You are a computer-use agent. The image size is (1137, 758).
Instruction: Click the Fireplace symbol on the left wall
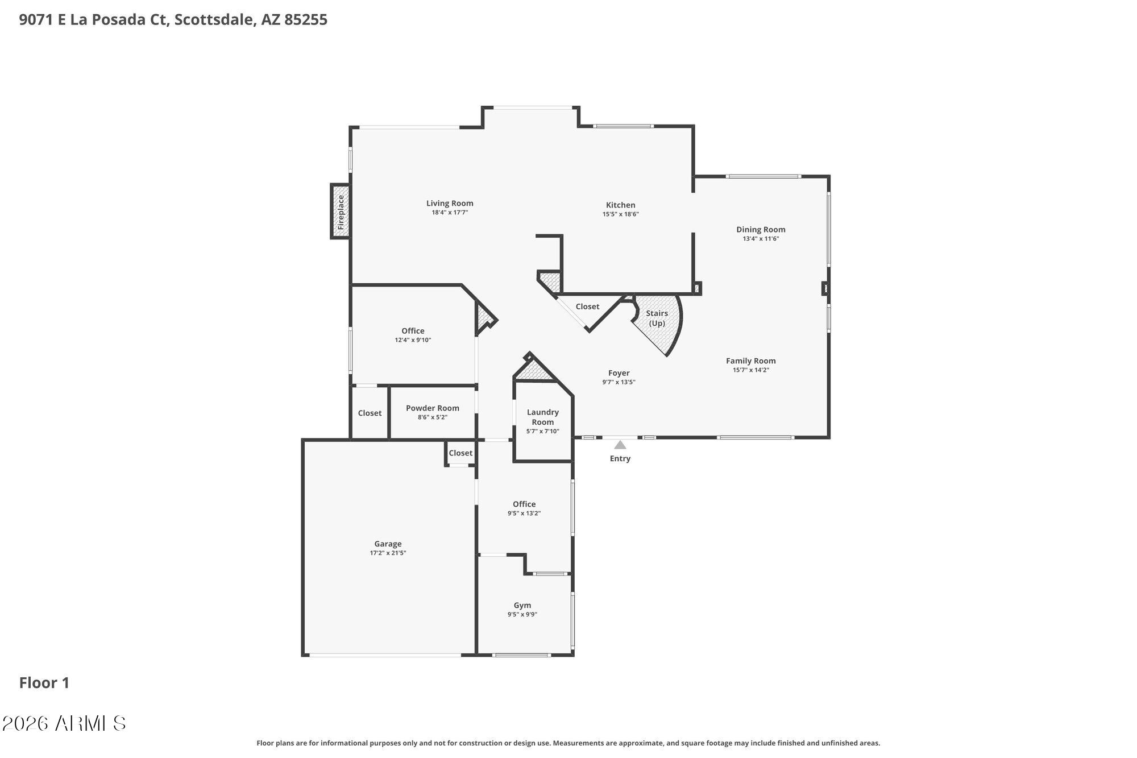(341, 212)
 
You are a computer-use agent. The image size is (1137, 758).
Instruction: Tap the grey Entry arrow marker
(620, 445)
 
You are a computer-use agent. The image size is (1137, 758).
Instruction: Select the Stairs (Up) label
(657, 318)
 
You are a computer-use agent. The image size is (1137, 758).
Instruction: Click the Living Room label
(450, 203)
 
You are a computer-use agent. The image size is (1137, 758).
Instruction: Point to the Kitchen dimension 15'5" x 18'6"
(621, 214)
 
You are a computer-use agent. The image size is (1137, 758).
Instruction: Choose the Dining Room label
(761, 230)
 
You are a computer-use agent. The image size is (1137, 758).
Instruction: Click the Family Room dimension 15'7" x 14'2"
(750, 370)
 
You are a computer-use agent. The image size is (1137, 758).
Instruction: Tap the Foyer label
(619, 373)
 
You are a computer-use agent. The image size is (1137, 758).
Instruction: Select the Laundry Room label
(542, 417)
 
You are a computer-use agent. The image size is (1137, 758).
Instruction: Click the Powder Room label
(432, 408)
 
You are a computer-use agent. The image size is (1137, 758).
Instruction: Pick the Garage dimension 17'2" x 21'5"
(388, 553)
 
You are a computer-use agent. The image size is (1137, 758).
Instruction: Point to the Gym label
(522, 605)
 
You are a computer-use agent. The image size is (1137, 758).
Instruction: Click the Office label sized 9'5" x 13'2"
(524, 504)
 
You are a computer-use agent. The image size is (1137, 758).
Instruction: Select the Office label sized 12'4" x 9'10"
(413, 331)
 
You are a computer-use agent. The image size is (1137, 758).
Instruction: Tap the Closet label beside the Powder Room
(370, 413)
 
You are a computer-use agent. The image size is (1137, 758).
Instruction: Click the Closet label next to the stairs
(587, 306)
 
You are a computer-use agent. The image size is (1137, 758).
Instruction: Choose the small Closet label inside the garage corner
(460, 453)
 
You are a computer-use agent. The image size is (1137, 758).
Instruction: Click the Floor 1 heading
(44, 683)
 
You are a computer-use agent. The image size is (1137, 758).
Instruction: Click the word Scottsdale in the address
(213, 20)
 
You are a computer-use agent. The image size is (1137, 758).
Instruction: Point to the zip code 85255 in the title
(305, 20)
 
